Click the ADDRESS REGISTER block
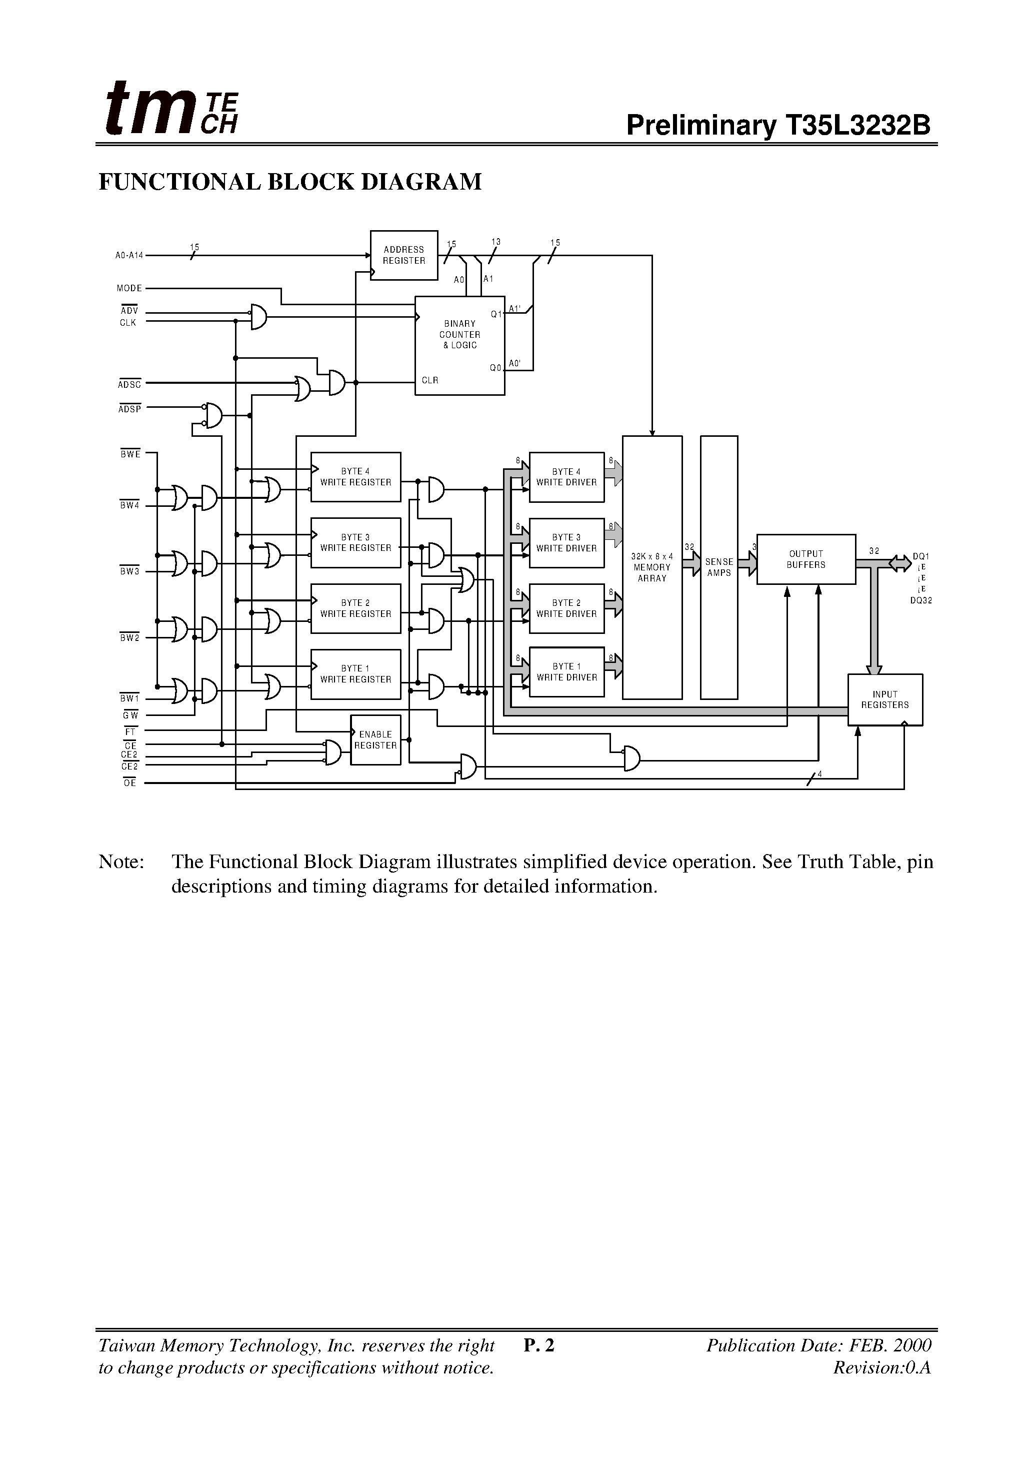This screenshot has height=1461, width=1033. (404, 255)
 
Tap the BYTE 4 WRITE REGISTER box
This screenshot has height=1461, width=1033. (355, 477)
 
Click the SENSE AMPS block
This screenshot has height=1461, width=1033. (719, 567)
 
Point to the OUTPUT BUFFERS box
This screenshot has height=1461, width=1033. (806, 559)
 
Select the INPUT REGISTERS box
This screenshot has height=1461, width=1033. (885, 700)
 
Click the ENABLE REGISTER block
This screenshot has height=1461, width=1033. (375, 740)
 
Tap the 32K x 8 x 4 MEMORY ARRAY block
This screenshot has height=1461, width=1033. (652, 567)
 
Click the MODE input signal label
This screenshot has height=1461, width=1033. (129, 288)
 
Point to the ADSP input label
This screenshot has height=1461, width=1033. (129, 409)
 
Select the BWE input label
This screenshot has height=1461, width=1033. (130, 454)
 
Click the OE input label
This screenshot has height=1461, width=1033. (130, 784)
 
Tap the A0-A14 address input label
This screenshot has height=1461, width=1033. (129, 256)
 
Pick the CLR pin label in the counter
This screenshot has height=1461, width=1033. (430, 381)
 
